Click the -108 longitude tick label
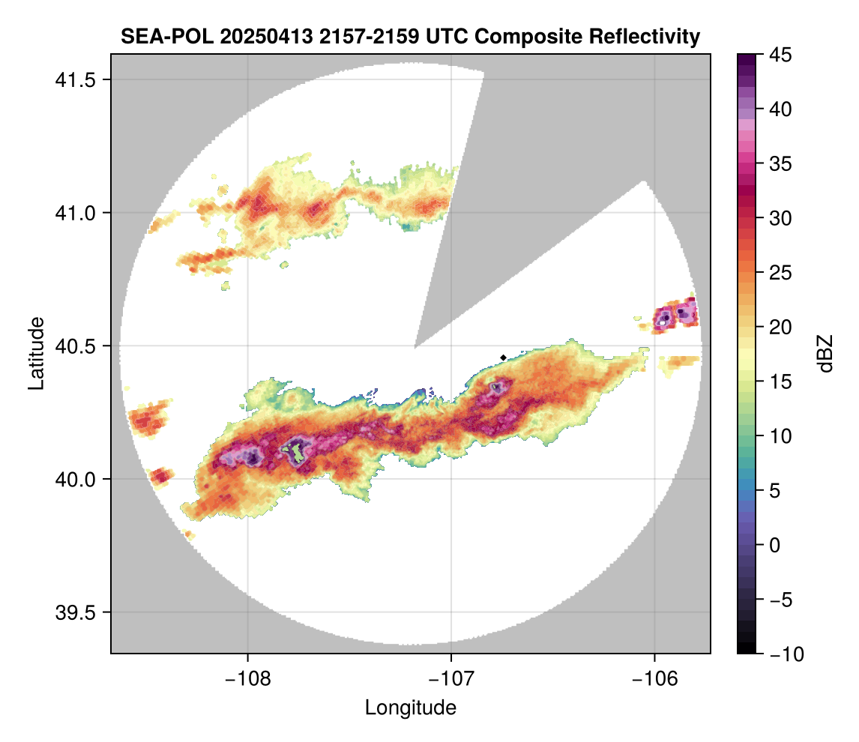247,677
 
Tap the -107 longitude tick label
451,677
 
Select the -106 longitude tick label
655,677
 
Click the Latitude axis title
36,353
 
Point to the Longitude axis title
411,708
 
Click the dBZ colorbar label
825,354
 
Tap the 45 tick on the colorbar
781,55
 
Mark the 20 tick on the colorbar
781,328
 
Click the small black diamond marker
504,357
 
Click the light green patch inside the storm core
298,452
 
